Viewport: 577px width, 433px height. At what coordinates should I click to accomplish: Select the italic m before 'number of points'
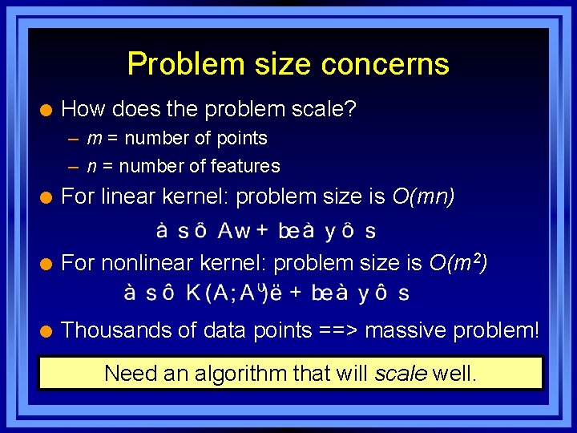pos(94,139)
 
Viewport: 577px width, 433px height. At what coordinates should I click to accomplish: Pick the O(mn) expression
pos(423,196)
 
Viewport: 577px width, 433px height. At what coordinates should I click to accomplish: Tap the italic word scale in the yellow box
pos(401,373)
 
